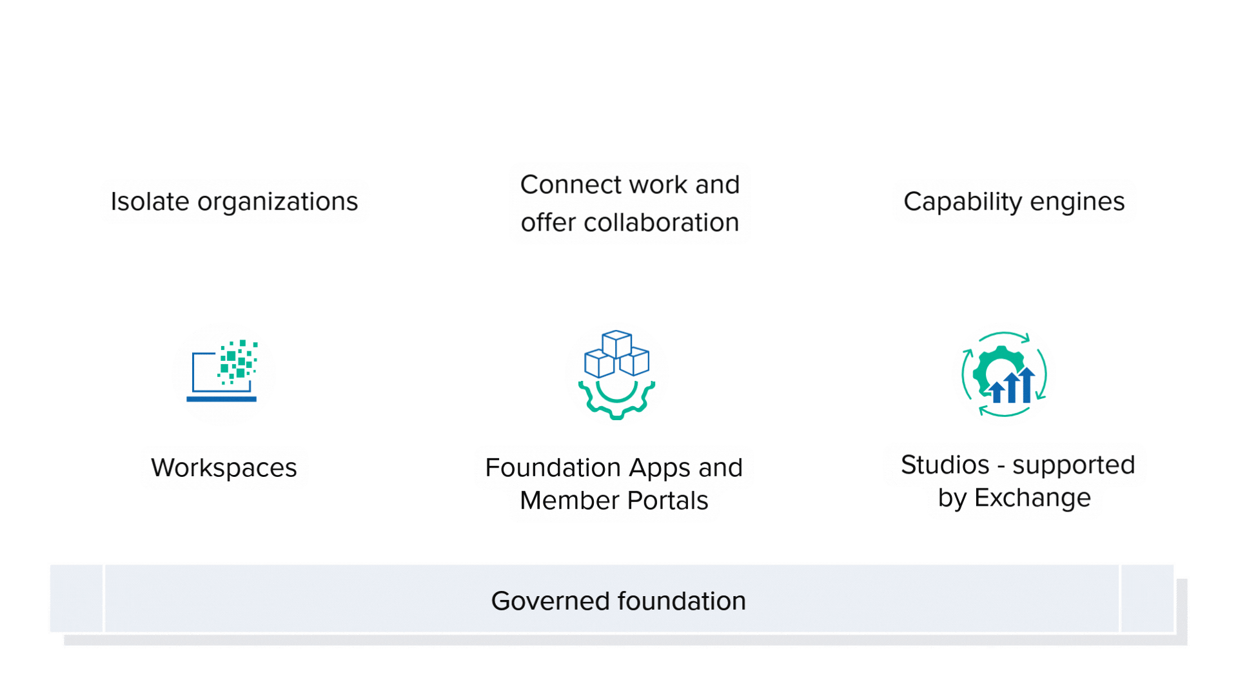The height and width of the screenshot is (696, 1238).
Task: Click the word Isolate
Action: (x=150, y=202)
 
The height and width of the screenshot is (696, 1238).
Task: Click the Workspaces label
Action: (x=224, y=468)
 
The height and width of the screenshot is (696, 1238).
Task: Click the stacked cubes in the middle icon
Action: (x=616, y=354)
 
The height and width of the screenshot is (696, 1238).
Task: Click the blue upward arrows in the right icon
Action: (x=1012, y=387)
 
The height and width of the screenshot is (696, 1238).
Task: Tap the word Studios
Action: (x=945, y=465)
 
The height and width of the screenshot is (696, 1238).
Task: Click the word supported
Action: (x=1073, y=465)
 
